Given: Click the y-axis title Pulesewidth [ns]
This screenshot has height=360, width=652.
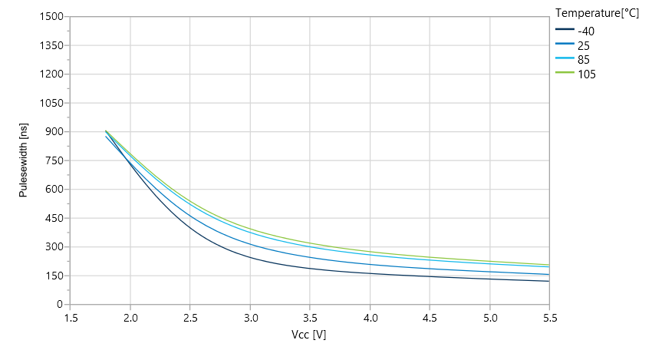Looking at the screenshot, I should click(23, 160).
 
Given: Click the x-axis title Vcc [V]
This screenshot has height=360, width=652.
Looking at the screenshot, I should click(309, 335).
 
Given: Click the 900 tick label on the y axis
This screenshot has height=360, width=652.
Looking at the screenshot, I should click(52, 132).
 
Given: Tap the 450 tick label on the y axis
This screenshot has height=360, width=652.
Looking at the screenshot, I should click(52, 218).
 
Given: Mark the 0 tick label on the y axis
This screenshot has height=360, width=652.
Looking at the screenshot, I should click(58, 305).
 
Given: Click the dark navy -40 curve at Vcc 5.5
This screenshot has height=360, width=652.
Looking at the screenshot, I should click(548, 281).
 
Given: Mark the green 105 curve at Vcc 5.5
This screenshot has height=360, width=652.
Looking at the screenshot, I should click(548, 265).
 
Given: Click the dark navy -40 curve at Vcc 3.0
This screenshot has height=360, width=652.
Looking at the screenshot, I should click(250, 257).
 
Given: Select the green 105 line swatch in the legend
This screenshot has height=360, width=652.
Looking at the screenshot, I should click(564, 74).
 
